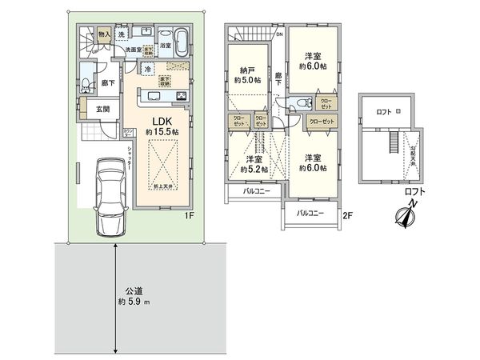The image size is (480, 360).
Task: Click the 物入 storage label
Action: coord(104,35)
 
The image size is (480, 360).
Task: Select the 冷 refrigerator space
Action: coord(148,70)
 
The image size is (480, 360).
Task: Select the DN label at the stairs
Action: coord(279,34)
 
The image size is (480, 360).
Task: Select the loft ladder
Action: coord(392,143)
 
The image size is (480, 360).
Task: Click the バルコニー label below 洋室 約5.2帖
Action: coord(256,192)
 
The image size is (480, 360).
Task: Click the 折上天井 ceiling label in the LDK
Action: coord(163,186)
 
